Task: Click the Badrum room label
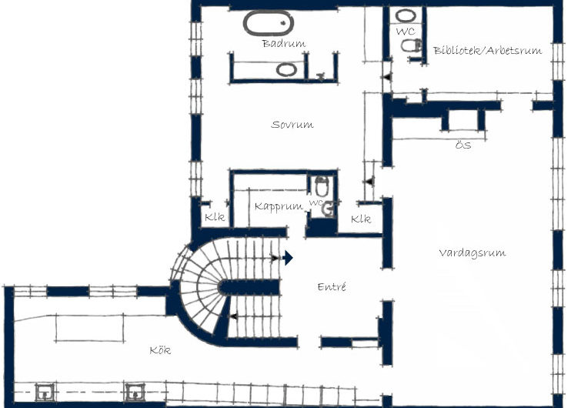tap(283, 43)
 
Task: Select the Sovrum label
tap(292, 124)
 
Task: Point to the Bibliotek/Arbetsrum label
tap(487, 51)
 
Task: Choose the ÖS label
tap(462, 145)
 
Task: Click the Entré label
tap(332, 286)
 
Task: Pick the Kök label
tap(160, 350)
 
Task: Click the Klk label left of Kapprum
tap(215, 217)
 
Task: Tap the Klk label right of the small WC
tap(360, 219)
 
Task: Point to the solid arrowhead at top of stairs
tap(288, 258)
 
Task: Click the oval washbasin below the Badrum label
tap(286, 69)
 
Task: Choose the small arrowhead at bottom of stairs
tap(231, 316)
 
